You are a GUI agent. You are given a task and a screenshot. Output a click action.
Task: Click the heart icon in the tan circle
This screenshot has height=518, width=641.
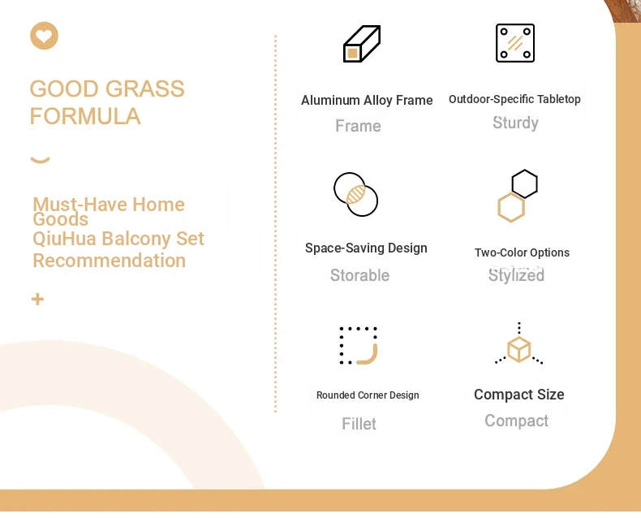pyautogui.click(x=44, y=36)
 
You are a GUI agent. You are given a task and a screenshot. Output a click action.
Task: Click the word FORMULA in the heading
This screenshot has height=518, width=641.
pyautogui.click(x=85, y=116)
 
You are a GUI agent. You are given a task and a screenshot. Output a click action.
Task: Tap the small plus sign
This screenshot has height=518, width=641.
pyautogui.click(x=37, y=299)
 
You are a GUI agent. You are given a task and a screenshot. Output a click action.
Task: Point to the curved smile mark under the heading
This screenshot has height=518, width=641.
pyautogui.click(x=40, y=160)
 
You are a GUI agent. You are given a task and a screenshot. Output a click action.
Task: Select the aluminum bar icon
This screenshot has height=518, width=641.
pyautogui.click(x=362, y=44)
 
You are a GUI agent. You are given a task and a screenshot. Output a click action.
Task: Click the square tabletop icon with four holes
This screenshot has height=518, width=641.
pyautogui.click(x=515, y=43)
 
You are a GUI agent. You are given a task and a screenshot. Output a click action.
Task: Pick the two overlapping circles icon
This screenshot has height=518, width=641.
pyautogui.click(x=355, y=194)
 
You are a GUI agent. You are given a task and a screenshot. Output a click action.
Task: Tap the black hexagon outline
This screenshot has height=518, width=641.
pyautogui.click(x=524, y=183)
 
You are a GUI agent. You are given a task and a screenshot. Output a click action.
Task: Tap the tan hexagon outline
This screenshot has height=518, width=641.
pyautogui.click(x=511, y=208)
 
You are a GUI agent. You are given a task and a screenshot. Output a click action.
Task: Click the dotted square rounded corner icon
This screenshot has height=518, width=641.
pyautogui.click(x=359, y=345)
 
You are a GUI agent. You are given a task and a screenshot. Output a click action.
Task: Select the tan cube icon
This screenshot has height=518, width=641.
pyautogui.click(x=518, y=349)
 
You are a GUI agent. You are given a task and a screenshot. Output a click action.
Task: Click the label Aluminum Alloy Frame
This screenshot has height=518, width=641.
pyautogui.click(x=367, y=100)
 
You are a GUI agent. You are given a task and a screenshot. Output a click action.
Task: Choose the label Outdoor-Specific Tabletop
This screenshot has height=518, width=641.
pyautogui.click(x=514, y=99)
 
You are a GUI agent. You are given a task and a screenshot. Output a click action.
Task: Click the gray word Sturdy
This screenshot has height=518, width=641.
pyautogui.click(x=515, y=123)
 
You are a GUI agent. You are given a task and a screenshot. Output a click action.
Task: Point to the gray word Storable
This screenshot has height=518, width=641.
pyautogui.click(x=359, y=275)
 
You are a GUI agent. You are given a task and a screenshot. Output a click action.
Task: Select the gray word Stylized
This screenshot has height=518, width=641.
pyautogui.click(x=516, y=275)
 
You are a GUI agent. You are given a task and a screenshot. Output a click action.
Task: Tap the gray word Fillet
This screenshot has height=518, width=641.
pyautogui.click(x=359, y=424)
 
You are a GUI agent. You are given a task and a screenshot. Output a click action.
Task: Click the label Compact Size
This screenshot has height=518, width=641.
pyautogui.click(x=519, y=395)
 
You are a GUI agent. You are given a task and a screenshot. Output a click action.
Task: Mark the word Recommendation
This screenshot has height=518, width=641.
pyautogui.click(x=110, y=261)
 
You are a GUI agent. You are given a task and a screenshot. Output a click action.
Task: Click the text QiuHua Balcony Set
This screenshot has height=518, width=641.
pyautogui.click(x=118, y=239)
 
